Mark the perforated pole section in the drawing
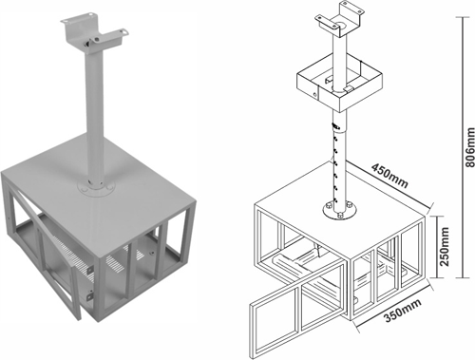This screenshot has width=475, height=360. tap(334, 161)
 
